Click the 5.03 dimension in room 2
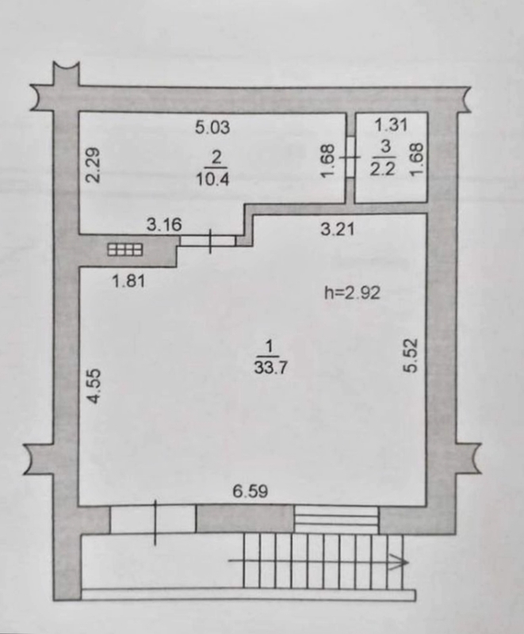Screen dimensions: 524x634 coord(212,128)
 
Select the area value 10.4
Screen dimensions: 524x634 coord(212,179)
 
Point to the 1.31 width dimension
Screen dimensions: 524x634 coord(391,125)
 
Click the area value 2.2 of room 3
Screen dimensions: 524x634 coord(382,169)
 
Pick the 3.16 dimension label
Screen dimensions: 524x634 coord(164,224)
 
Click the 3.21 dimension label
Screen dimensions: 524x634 coord(337,229)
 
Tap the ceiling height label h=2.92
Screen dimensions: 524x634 coord(353,292)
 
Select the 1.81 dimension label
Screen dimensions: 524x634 coord(128,281)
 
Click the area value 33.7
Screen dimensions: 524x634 coord(270,368)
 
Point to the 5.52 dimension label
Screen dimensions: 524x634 coord(410,355)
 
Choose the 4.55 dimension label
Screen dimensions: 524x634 coord(94,386)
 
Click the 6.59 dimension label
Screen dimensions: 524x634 coord(251,491)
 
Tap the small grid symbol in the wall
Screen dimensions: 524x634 coord(125,250)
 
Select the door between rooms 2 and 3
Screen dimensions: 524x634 coord(350,156)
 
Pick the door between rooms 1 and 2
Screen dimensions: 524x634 coord(208,242)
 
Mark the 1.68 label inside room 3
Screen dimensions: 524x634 coord(416,159)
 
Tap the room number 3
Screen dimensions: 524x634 coord(386,147)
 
